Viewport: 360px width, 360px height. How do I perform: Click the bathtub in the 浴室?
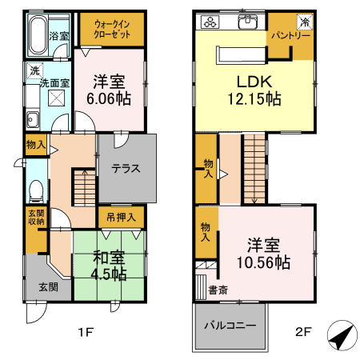[35, 34]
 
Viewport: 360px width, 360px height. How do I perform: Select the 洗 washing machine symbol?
[34, 71]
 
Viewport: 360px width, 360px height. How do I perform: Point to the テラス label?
[126, 170]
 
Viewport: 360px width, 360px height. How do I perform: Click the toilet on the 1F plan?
[35, 190]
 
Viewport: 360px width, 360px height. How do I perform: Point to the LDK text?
[254, 82]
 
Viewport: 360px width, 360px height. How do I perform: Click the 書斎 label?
[216, 290]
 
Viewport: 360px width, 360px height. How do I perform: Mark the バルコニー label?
[229, 326]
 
